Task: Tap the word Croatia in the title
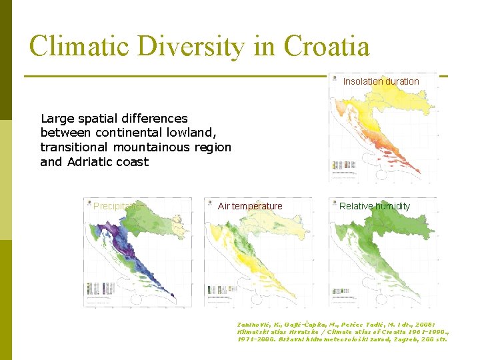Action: coord(326,47)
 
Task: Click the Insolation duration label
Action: coord(381,81)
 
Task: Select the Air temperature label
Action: coord(250,206)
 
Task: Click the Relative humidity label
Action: coord(375,206)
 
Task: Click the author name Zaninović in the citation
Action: coord(255,324)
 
